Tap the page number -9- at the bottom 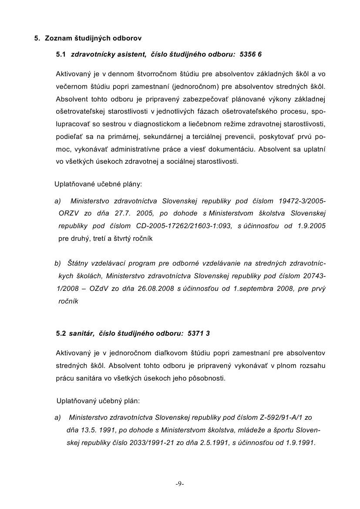coord(180,484)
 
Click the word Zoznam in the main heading coord(57,38)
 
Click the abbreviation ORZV coord(70,213)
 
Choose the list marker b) coord(58,263)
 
